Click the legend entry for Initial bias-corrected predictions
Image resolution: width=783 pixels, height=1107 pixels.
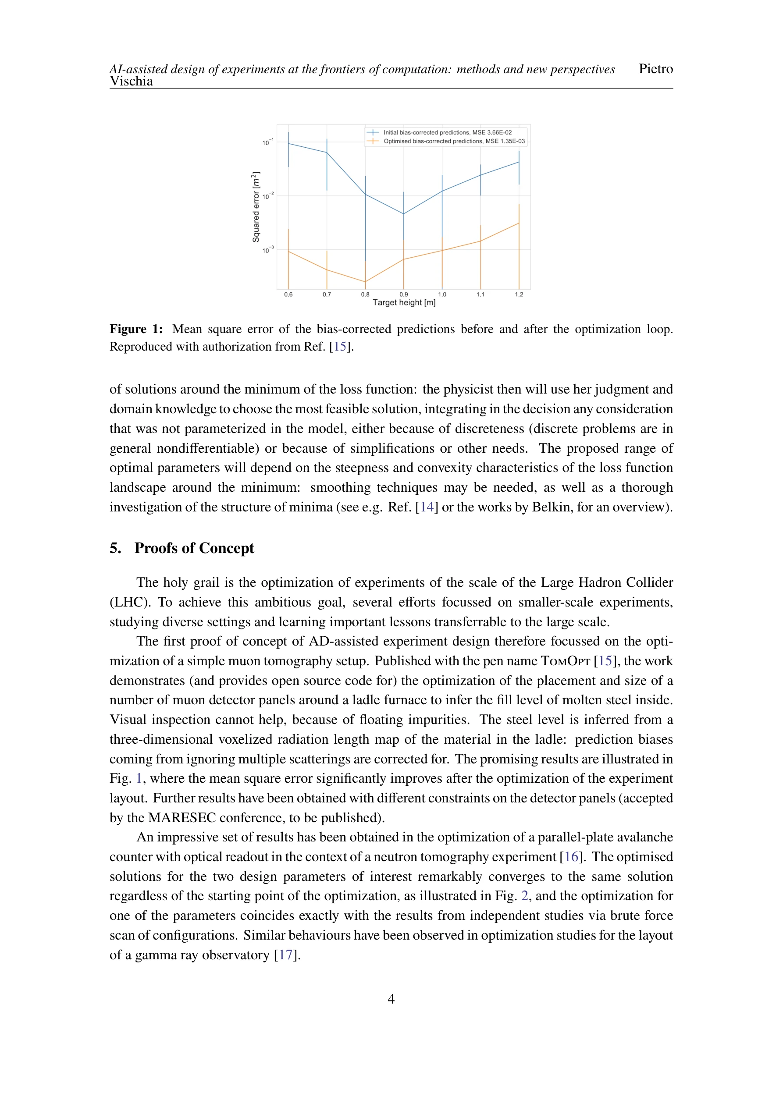pyautogui.click(x=447, y=132)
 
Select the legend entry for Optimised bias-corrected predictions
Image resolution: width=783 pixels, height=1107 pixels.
pyautogui.click(x=453, y=141)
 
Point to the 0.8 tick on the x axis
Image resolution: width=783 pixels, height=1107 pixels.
pyautogui.click(x=365, y=294)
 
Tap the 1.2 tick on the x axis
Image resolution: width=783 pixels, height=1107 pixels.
pyautogui.click(x=519, y=294)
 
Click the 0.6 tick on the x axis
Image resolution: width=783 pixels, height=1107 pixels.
pyautogui.click(x=288, y=294)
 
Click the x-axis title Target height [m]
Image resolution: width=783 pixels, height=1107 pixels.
pyautogui.click(x=404, y=303)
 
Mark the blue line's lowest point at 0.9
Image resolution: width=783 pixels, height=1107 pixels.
pyautogui.click(x=404, y=213)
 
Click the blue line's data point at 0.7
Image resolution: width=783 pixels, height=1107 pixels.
pyautogui.click(x=327, y=153)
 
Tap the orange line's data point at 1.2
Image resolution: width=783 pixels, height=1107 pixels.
pyautogui.click(x=519, y=223)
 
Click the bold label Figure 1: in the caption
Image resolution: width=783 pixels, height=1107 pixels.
pyautogui.click(x=136, y=329)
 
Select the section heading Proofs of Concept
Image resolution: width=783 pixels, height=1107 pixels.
pyautogui.click(x=194, y=548)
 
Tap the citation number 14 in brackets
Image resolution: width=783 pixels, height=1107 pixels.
pyautogui.click(x=427, y=507)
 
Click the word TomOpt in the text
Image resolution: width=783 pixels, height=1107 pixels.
pyautogui.click(x=566, y=661)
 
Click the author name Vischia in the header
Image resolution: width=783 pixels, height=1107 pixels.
pyautogui.click(x=131, y=81)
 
